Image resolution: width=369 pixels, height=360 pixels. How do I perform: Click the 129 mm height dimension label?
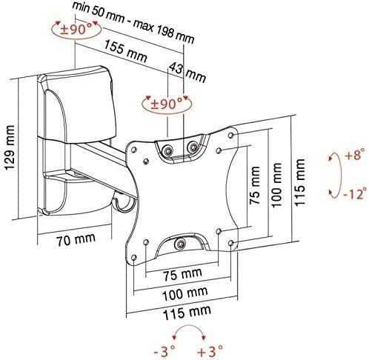[x=10, y=147]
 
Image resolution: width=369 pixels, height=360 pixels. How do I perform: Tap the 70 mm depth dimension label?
[x=76, y=239]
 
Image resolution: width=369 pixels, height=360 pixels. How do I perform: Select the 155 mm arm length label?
[x=125, y=51]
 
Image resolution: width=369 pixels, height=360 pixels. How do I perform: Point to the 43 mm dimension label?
[x=187, y=72]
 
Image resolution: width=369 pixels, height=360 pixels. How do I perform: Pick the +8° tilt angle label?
[x=356, y=156]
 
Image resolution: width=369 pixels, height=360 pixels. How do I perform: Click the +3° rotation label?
[x=210, y=350]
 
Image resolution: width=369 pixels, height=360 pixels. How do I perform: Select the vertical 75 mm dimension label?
[x=255, y=185]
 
